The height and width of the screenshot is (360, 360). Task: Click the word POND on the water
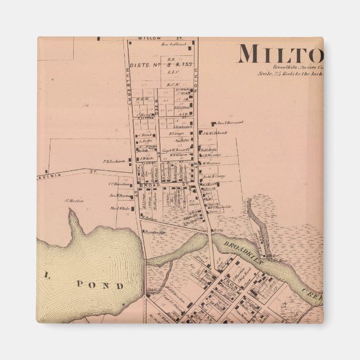[x=105, y=286]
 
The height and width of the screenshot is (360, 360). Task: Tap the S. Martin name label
[x=74, y=201]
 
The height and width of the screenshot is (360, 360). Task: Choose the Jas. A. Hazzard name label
[x=230, y=122]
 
